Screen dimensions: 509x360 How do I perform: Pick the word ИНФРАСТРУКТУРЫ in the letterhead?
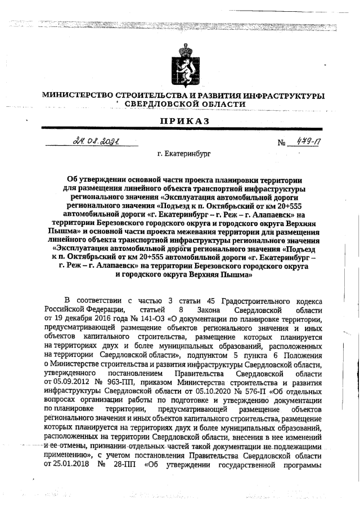pos(284,96)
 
